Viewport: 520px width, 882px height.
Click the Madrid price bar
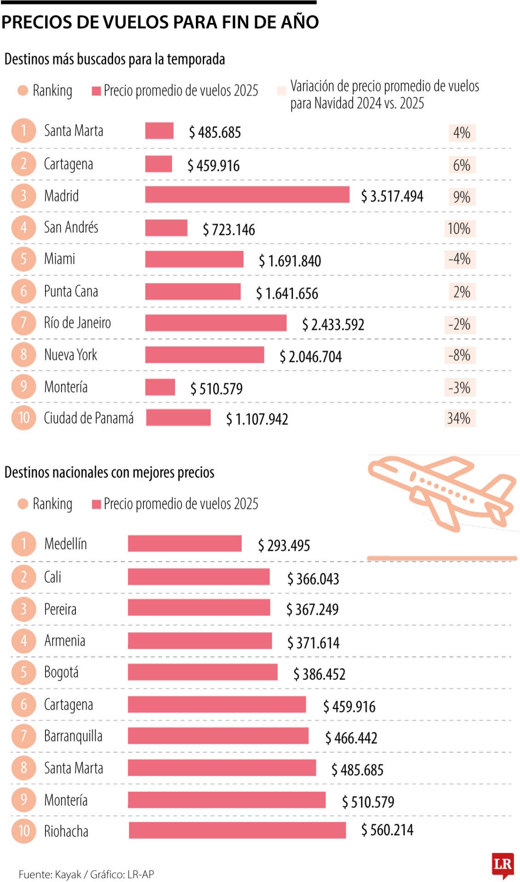pos(247,194)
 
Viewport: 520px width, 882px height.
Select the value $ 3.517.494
pos(392,196)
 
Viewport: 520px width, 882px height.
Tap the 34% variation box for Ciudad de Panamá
pos(459,418)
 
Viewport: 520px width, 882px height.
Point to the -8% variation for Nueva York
pos(459,355)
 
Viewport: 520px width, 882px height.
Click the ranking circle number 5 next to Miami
pos(23,259)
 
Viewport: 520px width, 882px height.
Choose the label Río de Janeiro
pos(77,322)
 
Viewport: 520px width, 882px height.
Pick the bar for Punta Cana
pos(193,291)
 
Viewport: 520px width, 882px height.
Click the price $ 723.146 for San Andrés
pos(229,229)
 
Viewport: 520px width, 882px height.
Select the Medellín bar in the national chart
pos(184,543)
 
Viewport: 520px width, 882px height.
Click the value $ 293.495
pos(284,545)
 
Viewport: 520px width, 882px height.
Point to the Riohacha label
pos(66,831)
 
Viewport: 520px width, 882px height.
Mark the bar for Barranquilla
pos(218,736)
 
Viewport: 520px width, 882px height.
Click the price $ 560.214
pos(387,830)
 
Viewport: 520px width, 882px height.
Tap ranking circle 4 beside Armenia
pos(23,640)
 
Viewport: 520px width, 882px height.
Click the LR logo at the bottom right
pos(502,865)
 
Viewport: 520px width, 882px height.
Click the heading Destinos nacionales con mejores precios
pos(109,472)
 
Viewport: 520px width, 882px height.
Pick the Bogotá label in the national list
pos(61,672)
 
